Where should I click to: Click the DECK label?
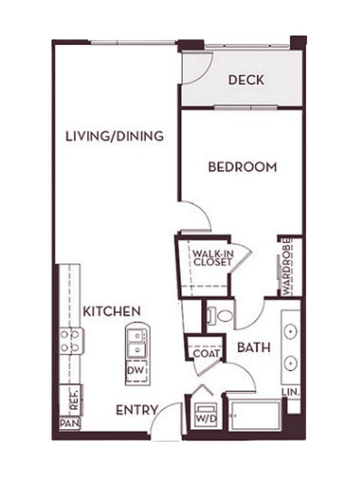[246, 80]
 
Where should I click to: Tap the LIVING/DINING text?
[115, 136]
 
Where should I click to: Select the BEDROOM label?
[242, 167]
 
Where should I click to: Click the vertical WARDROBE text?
[287, 266]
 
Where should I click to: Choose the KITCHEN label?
[112, 311]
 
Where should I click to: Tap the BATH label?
[254, 347]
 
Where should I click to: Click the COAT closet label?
[206, 353]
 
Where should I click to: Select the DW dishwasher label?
[136, 370]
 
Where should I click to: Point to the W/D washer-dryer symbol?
[206, 415]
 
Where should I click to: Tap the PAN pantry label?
[70, 424]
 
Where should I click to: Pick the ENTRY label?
[137, 410]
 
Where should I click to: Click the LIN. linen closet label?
[291, 392]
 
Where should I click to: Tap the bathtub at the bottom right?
[254, 416]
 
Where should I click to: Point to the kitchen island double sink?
[137, 343]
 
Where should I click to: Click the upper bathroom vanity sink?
[290, 331]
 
